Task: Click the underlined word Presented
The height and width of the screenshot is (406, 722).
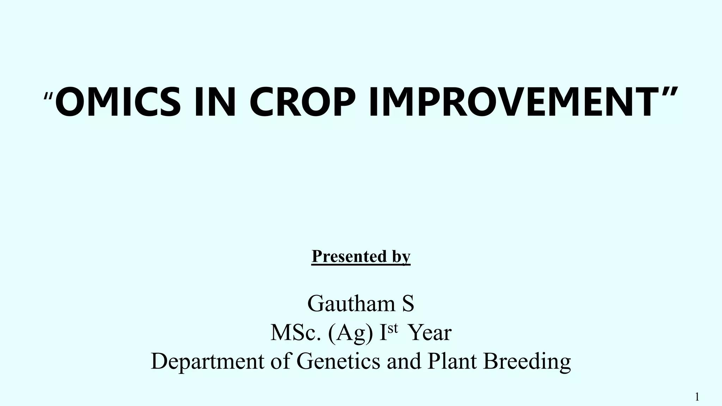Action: point(349,256)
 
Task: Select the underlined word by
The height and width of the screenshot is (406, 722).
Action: point(401,257)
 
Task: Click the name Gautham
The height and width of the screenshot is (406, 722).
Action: point(351,303)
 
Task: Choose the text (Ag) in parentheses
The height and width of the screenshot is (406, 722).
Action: point(350,333)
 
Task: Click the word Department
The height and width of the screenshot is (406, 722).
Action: point(207,362)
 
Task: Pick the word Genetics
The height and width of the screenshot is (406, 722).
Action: point(338,361)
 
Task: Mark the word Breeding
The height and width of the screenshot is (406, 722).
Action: point(527,362)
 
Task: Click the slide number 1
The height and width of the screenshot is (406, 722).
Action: point(697,397)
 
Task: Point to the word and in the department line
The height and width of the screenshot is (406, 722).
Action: point(404,361)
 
